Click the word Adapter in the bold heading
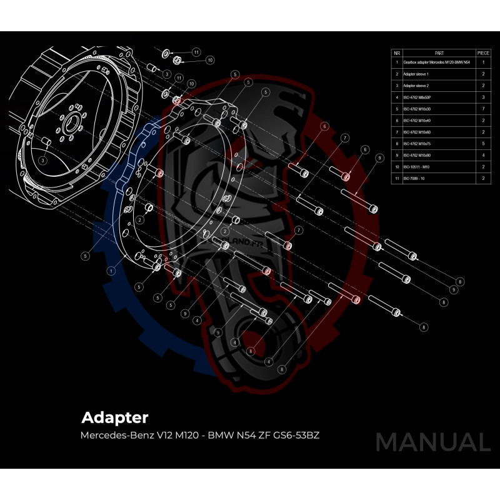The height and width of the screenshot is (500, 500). [x=115, y=416]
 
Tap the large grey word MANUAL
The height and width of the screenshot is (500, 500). [x=432, y=442]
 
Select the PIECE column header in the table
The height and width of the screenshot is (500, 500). [x=483, y=54]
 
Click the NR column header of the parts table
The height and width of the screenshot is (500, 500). [x=397, y=54]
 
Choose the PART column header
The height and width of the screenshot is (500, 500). [x=438, y=54]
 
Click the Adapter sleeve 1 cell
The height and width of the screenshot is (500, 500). [x=416, y=74]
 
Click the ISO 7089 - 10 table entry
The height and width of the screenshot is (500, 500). [x=415, y=179]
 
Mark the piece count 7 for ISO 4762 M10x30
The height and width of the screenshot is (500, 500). [x=483, y=109]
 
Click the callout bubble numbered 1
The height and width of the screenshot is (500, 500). [x=111, y=271]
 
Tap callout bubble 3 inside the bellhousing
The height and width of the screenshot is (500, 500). [x=42, y=161]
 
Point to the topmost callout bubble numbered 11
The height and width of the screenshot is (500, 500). [x=196, y=52]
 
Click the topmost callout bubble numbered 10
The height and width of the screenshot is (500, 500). [x=210, y=61]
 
